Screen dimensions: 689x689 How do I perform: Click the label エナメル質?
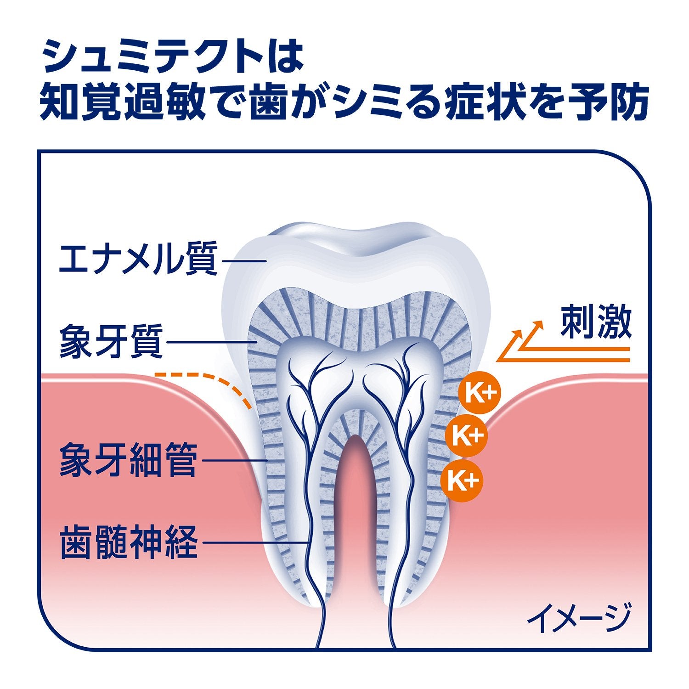click(138, 259)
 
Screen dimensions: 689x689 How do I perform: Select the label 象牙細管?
click(129, 459)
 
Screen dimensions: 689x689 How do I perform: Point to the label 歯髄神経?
click(129, 542)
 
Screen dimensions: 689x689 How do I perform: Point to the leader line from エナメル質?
click(244, 260)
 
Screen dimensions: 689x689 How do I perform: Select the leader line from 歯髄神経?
click(255, 542)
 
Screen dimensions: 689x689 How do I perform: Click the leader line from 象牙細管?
click(234, 460)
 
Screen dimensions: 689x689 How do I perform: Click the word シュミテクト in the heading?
click(152, 56)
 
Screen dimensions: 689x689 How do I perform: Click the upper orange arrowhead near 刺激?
click(538, 324)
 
